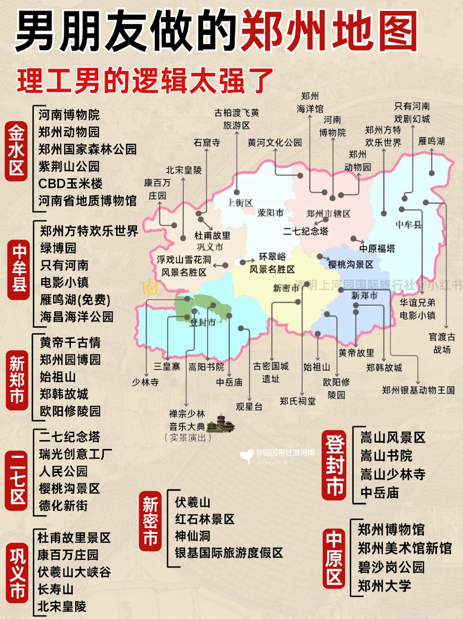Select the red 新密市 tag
tap(150, 521)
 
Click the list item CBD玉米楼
tap(70, 183)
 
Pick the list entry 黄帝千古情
tap(70, 343)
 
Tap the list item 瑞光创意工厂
tap(76, 454)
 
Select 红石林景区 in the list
tap(204, 519)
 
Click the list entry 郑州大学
tap(385, 586)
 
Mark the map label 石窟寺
tap(207, 143)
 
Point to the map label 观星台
tap(249, 406)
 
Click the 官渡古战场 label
tap(442, 343)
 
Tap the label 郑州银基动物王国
tap(418, 390)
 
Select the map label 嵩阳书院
tap(206, 367)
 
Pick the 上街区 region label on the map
tap(240, 203)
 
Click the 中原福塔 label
tap(377, 249)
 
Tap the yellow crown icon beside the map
tap(150, 287)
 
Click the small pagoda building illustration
tap(220, 424)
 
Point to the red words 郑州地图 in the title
tap(329, 31)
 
